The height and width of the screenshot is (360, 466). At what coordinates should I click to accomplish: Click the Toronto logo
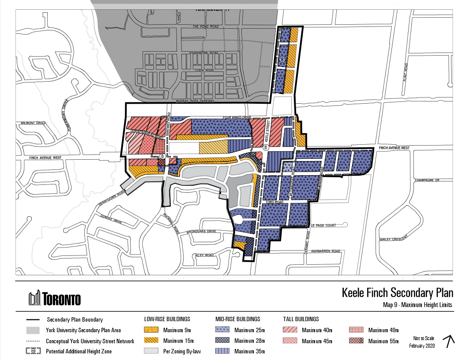[54, 299]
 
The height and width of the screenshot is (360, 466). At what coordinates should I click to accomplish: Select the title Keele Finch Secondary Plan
[398, 293]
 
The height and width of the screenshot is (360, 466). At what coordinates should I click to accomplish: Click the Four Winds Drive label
[237, 117]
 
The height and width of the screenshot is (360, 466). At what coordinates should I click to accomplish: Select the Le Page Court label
[323, 225]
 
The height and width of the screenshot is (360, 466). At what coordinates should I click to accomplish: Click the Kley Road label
[205, 255]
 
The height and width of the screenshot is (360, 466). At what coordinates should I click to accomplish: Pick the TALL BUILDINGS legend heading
[301, 319]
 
